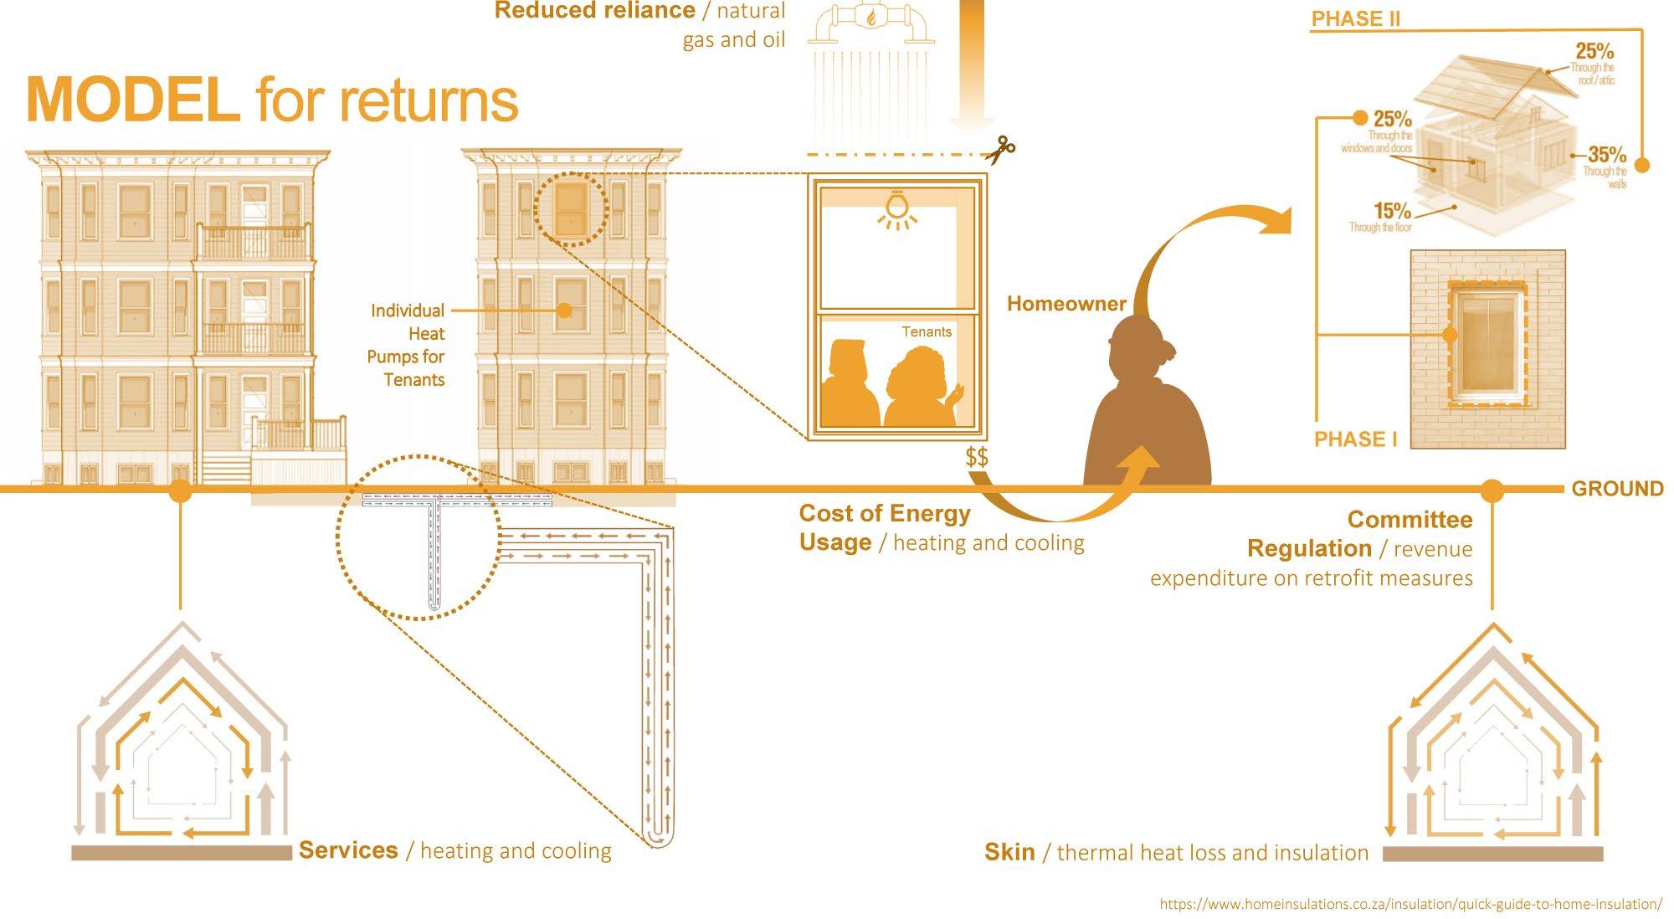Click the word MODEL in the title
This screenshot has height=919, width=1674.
[132, 100]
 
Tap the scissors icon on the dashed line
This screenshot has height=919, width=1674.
[1000, 150]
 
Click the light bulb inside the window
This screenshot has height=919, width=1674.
[896, 208]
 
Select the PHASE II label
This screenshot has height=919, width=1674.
[1355, 18]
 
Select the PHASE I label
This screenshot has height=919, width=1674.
[1355, 439]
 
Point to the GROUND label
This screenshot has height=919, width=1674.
[1617, 489]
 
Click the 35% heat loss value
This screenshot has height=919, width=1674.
[1606, 154]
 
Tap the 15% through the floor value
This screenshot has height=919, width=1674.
[1392, 210]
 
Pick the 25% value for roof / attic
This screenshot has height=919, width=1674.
[1594, 51]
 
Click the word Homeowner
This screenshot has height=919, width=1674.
[1066, 304]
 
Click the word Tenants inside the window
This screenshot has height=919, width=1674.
[927, 332]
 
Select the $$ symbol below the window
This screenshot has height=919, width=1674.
[976, 457]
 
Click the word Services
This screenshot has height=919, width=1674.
[348, 850]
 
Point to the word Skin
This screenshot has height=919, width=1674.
[1009, 852]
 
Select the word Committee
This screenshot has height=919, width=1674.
[1410, 520]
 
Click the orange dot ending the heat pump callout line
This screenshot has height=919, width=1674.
[565, 311]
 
